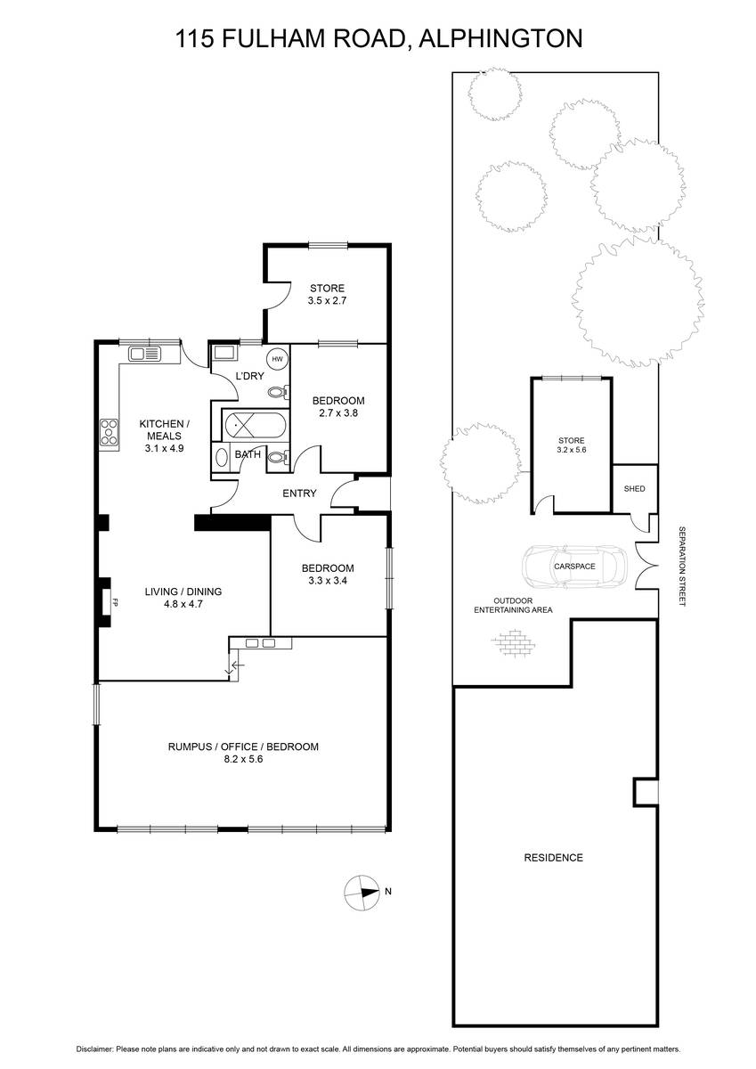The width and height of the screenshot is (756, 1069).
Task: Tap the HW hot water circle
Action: click(278, 359)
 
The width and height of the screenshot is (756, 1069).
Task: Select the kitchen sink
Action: click(144, 354)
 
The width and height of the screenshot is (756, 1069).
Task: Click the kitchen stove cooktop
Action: click(110, 433)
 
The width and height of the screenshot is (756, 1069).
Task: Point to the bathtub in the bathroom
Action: click(256, 425)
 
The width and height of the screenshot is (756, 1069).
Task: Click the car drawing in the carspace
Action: click(574, 567)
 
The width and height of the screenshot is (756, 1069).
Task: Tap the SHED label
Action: click(634, 489)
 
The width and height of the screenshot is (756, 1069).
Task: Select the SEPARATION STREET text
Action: click(682, 567)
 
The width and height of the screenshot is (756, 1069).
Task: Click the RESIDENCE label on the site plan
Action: click(553, 858)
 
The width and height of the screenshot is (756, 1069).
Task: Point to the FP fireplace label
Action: click(115, 603)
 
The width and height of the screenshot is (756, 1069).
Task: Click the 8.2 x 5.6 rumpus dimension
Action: click(243, 759)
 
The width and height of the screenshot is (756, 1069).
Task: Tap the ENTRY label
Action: click(299, 493)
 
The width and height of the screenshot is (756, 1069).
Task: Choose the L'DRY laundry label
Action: click(249, 376)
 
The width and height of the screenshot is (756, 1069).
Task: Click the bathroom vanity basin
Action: click(222, 458)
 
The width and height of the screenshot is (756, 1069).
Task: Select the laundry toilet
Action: click(278, 393)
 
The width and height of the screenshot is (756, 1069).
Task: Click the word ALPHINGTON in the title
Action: click(500, 38)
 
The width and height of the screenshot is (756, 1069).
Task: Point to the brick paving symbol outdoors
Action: click(514, 644)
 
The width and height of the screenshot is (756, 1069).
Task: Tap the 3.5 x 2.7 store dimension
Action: click(327, 301)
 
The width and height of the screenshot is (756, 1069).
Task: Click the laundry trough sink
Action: click(224, 353)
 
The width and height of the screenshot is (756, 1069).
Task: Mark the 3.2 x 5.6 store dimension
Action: click(571, 450)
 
